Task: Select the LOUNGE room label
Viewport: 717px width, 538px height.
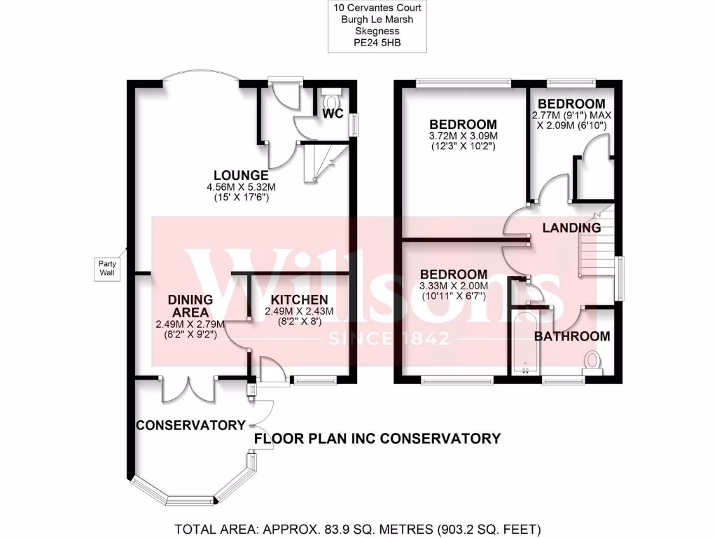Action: pyautogui.click(x=241, y=175)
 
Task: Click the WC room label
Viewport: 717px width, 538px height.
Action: pyautogui.click(x=333, y=113)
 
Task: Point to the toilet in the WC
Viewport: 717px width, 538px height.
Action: pyautogui.click(x=331, y=93)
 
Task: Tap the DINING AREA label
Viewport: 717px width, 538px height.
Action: pyautogui.click(x=190, y=305)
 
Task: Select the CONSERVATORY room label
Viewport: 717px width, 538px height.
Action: pyautogui.click(x=190, y=425)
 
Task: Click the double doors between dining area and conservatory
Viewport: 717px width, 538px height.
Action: pyautogui.click(x=187, y=389)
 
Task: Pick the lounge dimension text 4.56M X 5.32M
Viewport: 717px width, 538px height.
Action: pyautogui.click(x=241, y=187)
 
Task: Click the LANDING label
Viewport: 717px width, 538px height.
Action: pyautogui.click(x=572, y=228)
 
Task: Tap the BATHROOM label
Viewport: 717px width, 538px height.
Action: pyautogui.click(x=572, y=336)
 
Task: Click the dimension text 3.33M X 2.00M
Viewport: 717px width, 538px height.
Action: pyautogui.click(x=452, y=286)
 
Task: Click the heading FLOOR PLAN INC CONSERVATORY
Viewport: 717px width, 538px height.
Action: pyautogui.click(x=377, y=439)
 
